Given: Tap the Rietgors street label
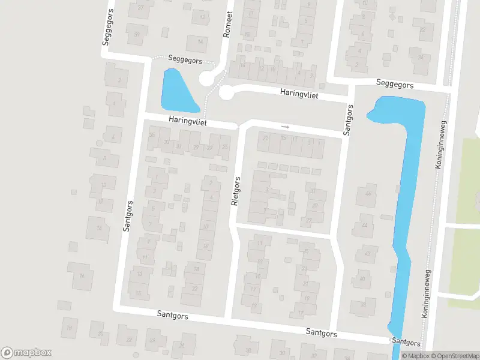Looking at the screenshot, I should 236,191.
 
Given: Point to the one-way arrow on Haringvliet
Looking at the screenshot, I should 285,127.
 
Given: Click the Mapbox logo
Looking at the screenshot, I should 26,353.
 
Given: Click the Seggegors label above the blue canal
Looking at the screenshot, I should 394,85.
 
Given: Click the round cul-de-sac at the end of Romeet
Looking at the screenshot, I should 209,78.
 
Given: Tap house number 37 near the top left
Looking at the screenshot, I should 141,7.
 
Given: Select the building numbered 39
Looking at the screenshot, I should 137,34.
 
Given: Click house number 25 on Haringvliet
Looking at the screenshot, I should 225,146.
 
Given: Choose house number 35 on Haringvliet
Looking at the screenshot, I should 152,135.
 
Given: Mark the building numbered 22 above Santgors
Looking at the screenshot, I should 194,288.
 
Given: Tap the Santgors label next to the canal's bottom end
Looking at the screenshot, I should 406,341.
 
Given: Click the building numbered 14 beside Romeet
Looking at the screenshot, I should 200,41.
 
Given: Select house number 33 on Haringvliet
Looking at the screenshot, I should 166,142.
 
